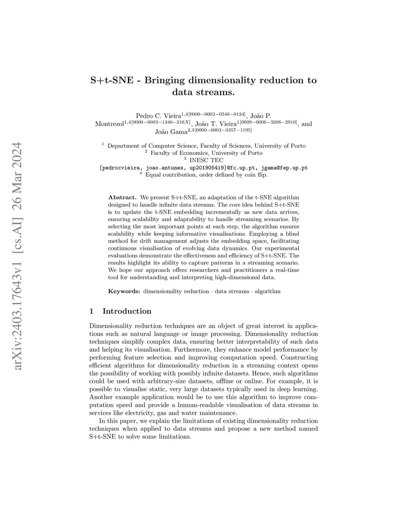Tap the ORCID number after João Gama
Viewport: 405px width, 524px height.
pyautogui.click(x=223, y=130)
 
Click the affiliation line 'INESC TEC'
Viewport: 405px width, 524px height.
pyautogui.click(x=206, y=160)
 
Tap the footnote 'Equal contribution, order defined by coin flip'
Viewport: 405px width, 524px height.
pyautogui.click(x=206, y=174)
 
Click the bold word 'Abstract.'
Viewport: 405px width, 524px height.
pyautogui.click(x=122, y=197)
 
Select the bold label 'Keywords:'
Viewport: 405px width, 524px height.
pyautogui.click(x=124, y=291)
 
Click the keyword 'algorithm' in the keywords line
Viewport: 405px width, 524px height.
pyautogui.click(x=267, y=291)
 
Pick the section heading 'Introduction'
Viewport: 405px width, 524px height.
pyautogui.click(x=127, y=311)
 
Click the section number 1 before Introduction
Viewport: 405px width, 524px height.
pyautogui.click(x=92, y=311)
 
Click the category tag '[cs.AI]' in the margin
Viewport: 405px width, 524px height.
pyautogui.click(x=18, y=229)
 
